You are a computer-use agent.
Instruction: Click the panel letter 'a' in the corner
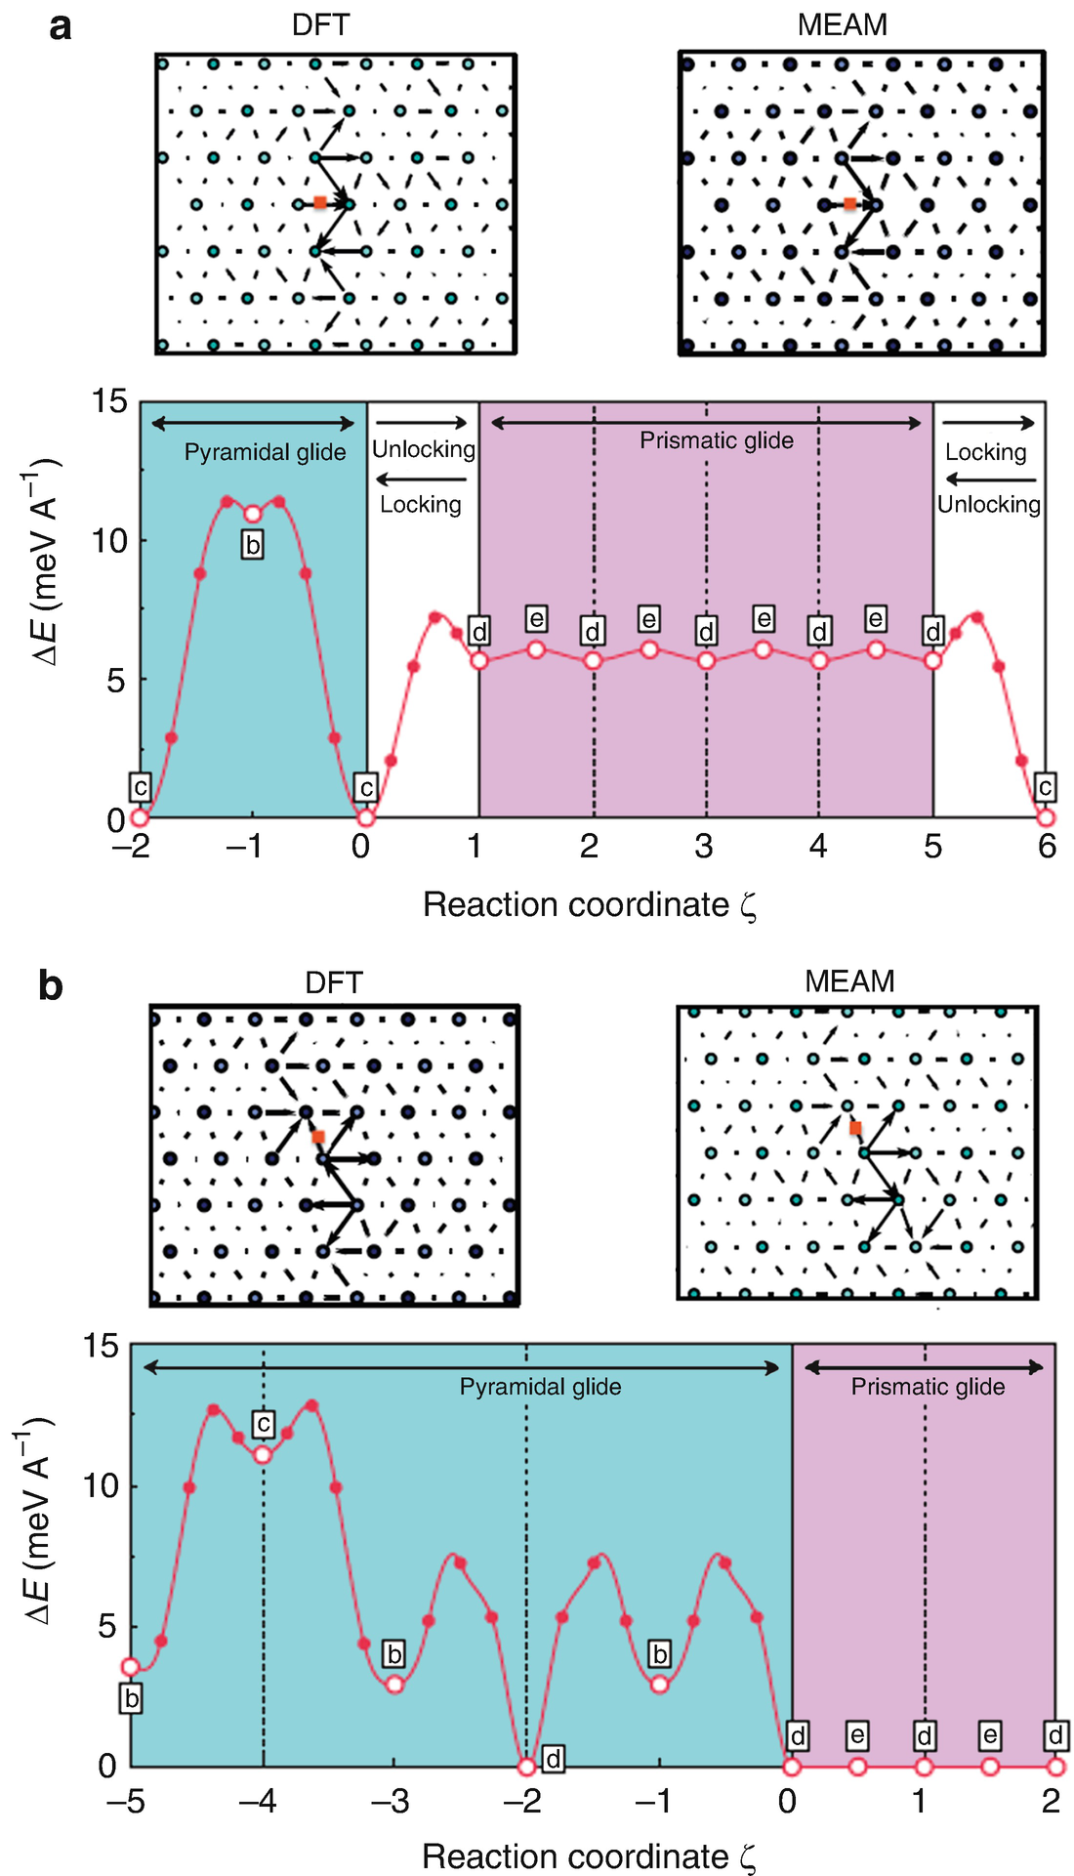61,26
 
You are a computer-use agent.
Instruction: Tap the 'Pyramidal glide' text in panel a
265,452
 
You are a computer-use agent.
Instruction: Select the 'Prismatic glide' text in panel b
928,1387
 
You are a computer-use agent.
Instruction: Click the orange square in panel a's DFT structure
320,203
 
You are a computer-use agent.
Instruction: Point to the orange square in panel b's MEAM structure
855,1128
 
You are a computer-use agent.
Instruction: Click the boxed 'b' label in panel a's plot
252,545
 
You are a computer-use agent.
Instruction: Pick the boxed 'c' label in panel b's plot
263,1424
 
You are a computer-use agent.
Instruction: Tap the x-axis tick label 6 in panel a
1047,846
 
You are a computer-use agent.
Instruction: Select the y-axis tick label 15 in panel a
109,400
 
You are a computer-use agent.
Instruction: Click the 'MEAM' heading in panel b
849,981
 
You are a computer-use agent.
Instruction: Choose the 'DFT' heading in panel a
320,24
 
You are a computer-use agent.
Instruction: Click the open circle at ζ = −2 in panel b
527,1767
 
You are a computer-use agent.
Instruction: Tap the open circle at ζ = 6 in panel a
1046,817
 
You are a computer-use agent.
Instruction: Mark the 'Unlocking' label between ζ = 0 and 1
424,449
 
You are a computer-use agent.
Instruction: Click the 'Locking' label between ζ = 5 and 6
986,452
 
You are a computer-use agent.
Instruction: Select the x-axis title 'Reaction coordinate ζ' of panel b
590,1856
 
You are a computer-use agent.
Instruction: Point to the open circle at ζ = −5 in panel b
131,1667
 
